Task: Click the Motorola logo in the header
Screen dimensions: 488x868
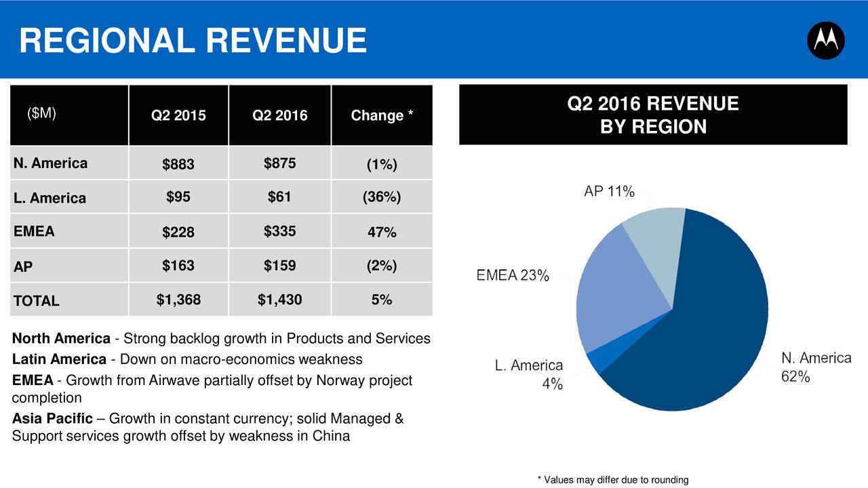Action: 825,41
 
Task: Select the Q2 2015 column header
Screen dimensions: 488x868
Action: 178,116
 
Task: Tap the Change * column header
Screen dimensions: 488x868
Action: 382,116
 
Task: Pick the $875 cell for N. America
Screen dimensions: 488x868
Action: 279,163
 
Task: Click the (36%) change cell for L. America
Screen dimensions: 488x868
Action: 382,197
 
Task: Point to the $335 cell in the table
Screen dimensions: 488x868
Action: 279,231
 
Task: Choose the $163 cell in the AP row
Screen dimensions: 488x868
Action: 178,266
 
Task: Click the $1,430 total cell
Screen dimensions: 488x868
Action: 279,300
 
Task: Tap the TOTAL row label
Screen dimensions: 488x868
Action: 36,301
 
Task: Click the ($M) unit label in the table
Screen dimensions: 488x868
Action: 41,113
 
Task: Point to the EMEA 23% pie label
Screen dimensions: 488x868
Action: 513,276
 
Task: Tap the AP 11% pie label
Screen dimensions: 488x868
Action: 609,192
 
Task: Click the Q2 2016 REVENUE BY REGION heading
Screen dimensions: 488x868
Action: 653,115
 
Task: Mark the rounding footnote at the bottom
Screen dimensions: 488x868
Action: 612,480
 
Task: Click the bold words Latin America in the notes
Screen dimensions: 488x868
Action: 59,359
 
